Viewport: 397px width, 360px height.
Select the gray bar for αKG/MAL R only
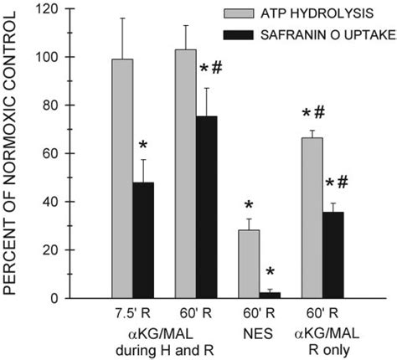tap(312, 218)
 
